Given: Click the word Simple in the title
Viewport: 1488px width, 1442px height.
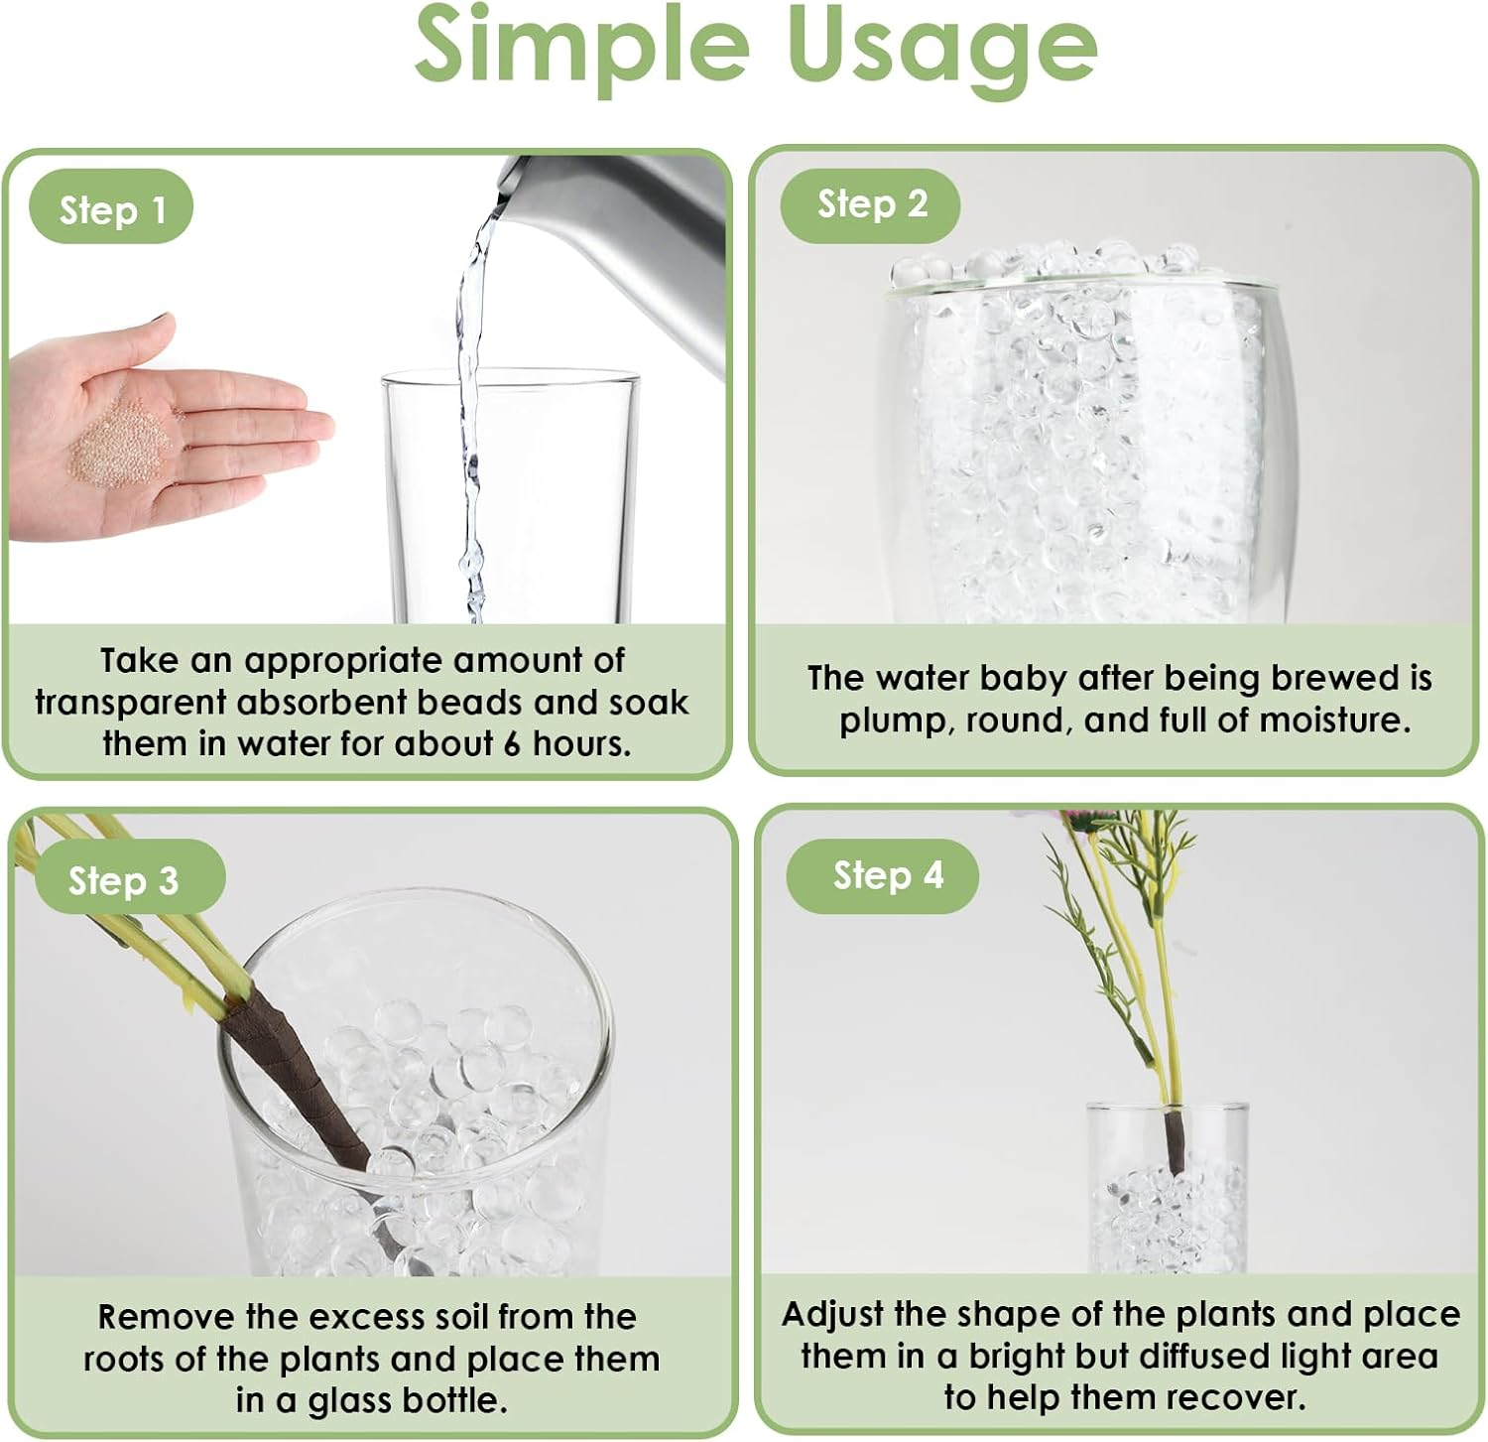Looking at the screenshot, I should (580, 45).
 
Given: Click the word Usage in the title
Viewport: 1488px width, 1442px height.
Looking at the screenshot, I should (941, 45).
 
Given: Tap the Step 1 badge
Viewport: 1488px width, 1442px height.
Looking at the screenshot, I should (112, 209).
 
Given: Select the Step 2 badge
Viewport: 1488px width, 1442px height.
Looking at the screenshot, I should (871, 204).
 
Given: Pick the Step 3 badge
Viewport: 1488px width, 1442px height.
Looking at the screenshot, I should (122, 880).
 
